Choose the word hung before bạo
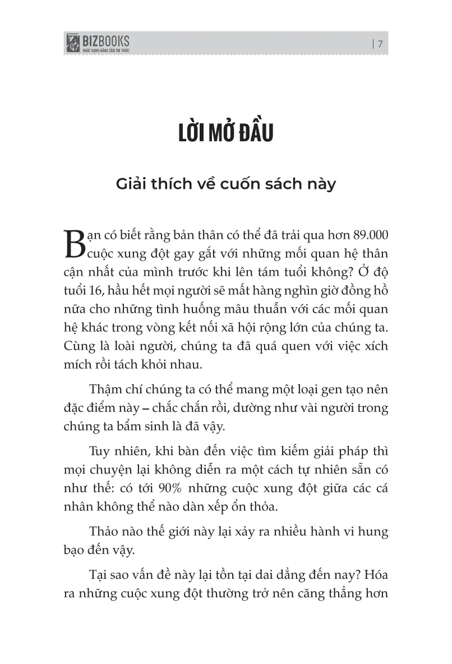pyautogui.click(x=375, y=531)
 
